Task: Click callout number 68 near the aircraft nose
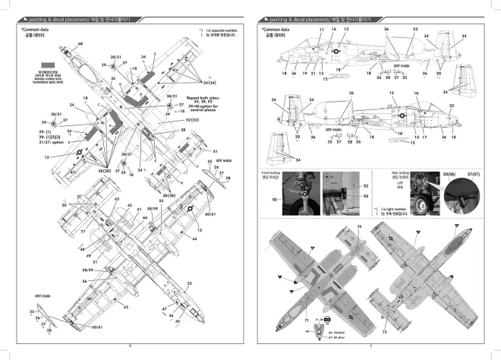(79, 45)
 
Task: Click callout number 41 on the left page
(215, 151)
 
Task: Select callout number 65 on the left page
(117, 199)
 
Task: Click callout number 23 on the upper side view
(415, 29)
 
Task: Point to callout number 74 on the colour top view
(359, 228)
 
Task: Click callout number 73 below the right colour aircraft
(385, 332)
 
